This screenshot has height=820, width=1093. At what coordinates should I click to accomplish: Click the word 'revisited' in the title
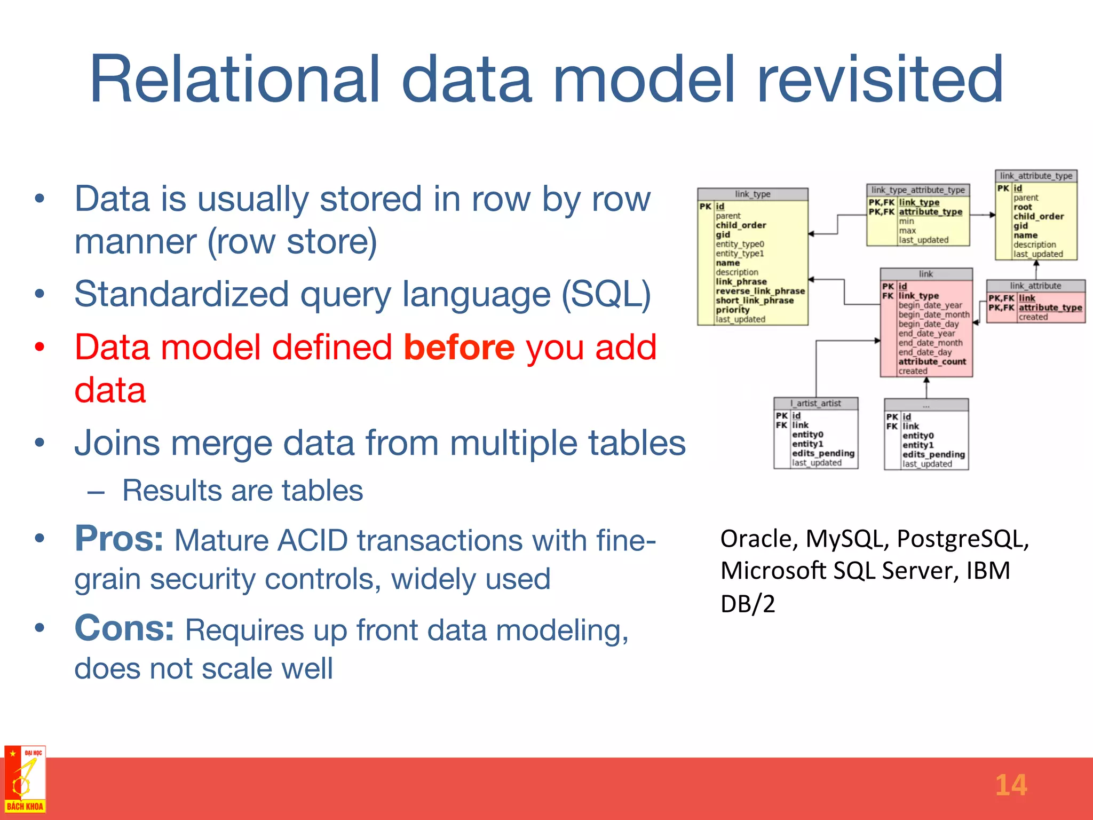pos(880,80)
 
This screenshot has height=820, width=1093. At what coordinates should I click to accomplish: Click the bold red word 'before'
pos(459,348)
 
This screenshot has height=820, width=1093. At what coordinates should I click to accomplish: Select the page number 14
pos(1010,785)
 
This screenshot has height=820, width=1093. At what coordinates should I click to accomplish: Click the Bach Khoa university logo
pos(25,779)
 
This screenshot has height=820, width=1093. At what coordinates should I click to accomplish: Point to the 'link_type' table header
pos(753,194)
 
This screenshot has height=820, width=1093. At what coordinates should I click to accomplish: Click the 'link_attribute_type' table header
pos(1036,176)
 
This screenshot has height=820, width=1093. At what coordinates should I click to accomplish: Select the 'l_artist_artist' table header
pos(816,404)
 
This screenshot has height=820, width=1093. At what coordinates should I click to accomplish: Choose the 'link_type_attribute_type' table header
pos(918,190)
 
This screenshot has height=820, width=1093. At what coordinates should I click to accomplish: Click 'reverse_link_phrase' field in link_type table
pos(760,291)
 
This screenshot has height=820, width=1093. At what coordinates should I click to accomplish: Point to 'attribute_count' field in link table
pos(932,361)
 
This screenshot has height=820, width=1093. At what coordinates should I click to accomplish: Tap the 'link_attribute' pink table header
pos(1035,286)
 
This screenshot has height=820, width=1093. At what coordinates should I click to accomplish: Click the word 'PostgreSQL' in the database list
pos(962,539)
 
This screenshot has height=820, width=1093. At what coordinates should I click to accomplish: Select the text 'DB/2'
pos(747,604)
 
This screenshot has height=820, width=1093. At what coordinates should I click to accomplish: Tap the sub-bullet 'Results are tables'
pos(242,490)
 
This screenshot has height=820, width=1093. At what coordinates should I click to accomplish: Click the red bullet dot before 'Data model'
pos(39,348)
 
